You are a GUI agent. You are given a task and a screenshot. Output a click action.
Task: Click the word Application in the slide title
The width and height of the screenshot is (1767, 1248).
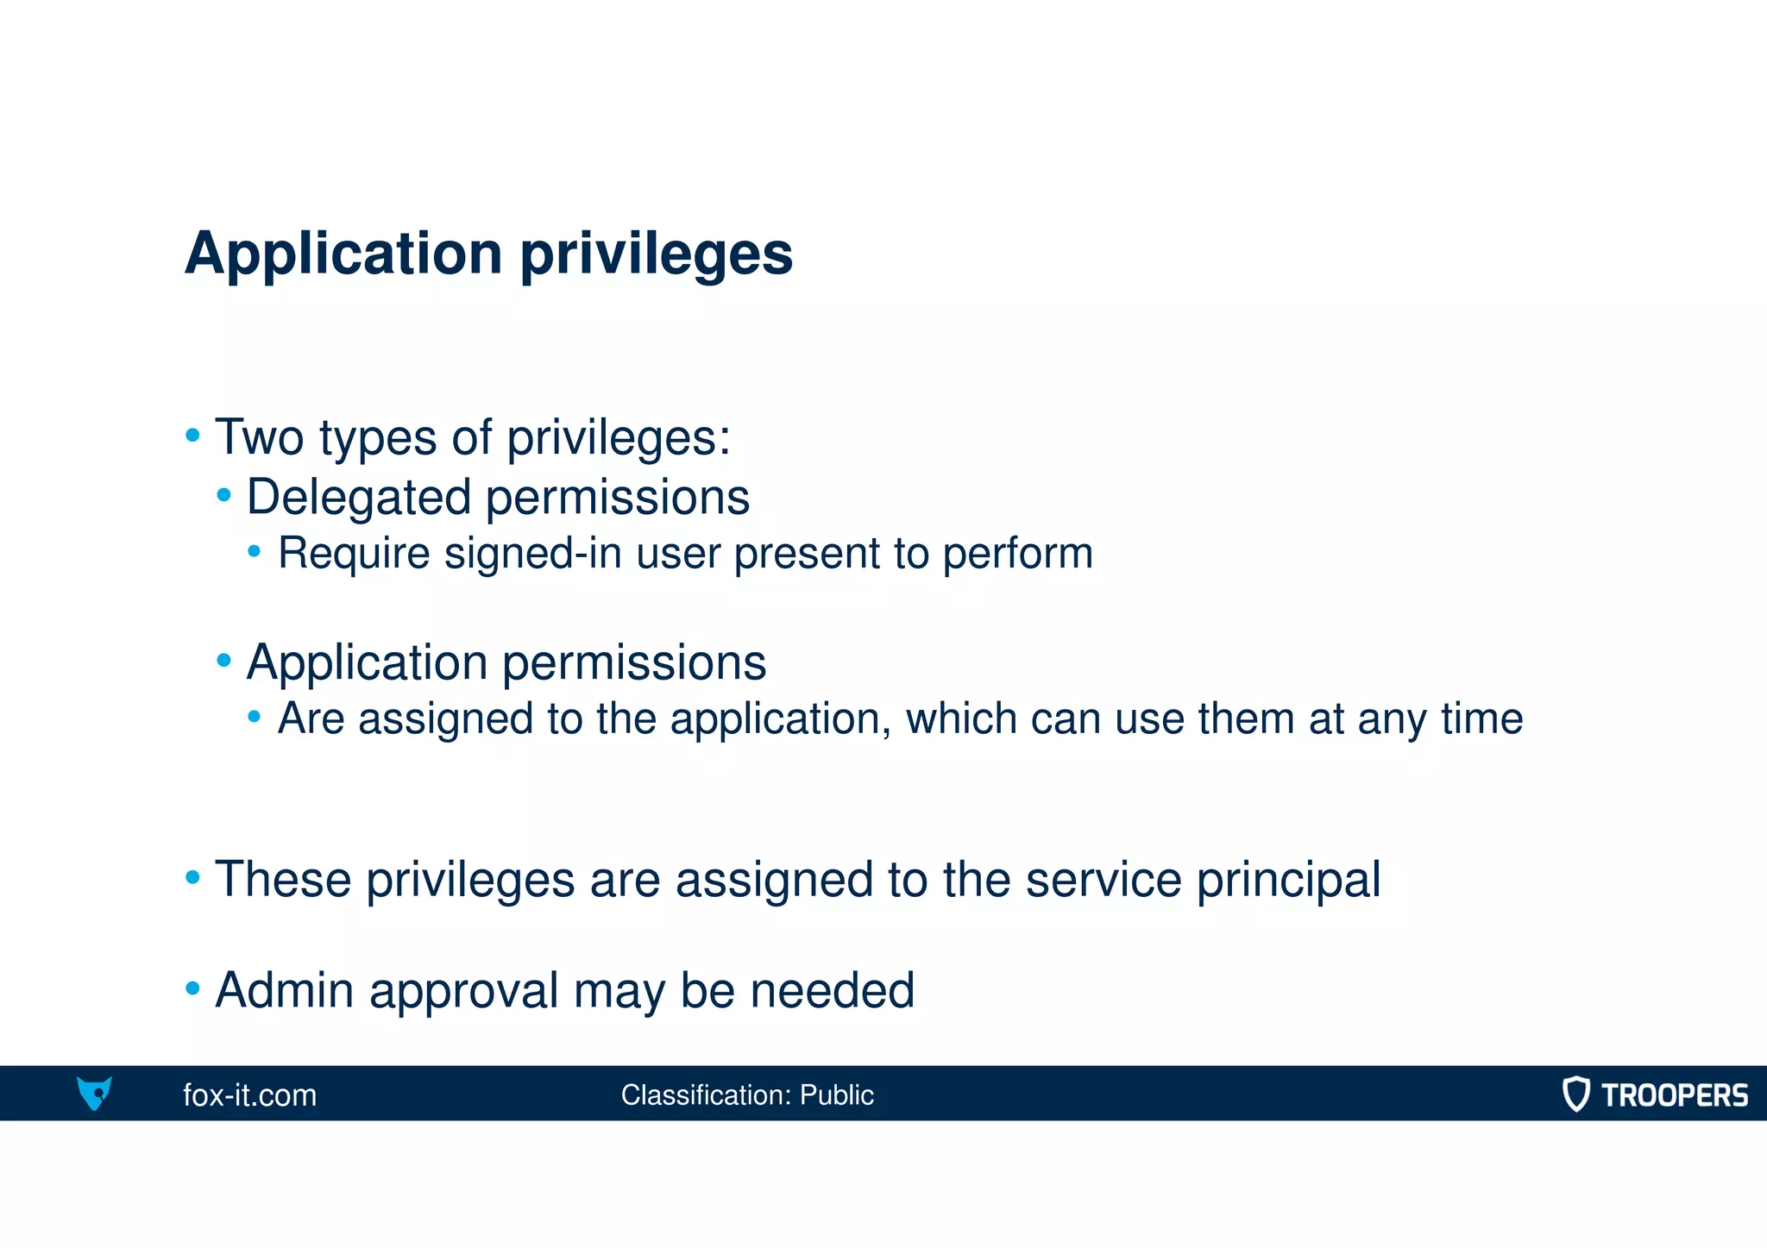pos(343,254)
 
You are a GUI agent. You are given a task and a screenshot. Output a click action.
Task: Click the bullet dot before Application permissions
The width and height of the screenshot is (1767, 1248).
pos(224,661)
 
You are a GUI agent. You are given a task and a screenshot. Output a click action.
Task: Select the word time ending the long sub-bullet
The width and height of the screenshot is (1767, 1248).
pos(1481,718)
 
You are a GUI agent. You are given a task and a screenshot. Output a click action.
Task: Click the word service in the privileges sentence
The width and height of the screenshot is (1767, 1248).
pos(1103,880)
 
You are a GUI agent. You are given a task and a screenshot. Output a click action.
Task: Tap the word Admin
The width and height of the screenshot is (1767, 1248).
pos(285,990)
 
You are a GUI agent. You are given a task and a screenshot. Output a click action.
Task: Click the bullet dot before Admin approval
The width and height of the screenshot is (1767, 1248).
pos(192,988)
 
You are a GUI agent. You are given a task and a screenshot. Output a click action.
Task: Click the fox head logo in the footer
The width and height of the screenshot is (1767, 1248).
pos(94,1093)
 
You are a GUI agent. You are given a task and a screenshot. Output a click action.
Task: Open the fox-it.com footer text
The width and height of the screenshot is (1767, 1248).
pos(250,1095)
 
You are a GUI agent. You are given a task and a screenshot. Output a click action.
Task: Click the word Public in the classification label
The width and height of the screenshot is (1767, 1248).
pos(836,1095)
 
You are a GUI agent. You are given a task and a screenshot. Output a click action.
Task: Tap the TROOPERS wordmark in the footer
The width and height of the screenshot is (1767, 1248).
pos(1674,1095)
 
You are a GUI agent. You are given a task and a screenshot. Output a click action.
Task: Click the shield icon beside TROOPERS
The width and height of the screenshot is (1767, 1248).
pos(1576,1094)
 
